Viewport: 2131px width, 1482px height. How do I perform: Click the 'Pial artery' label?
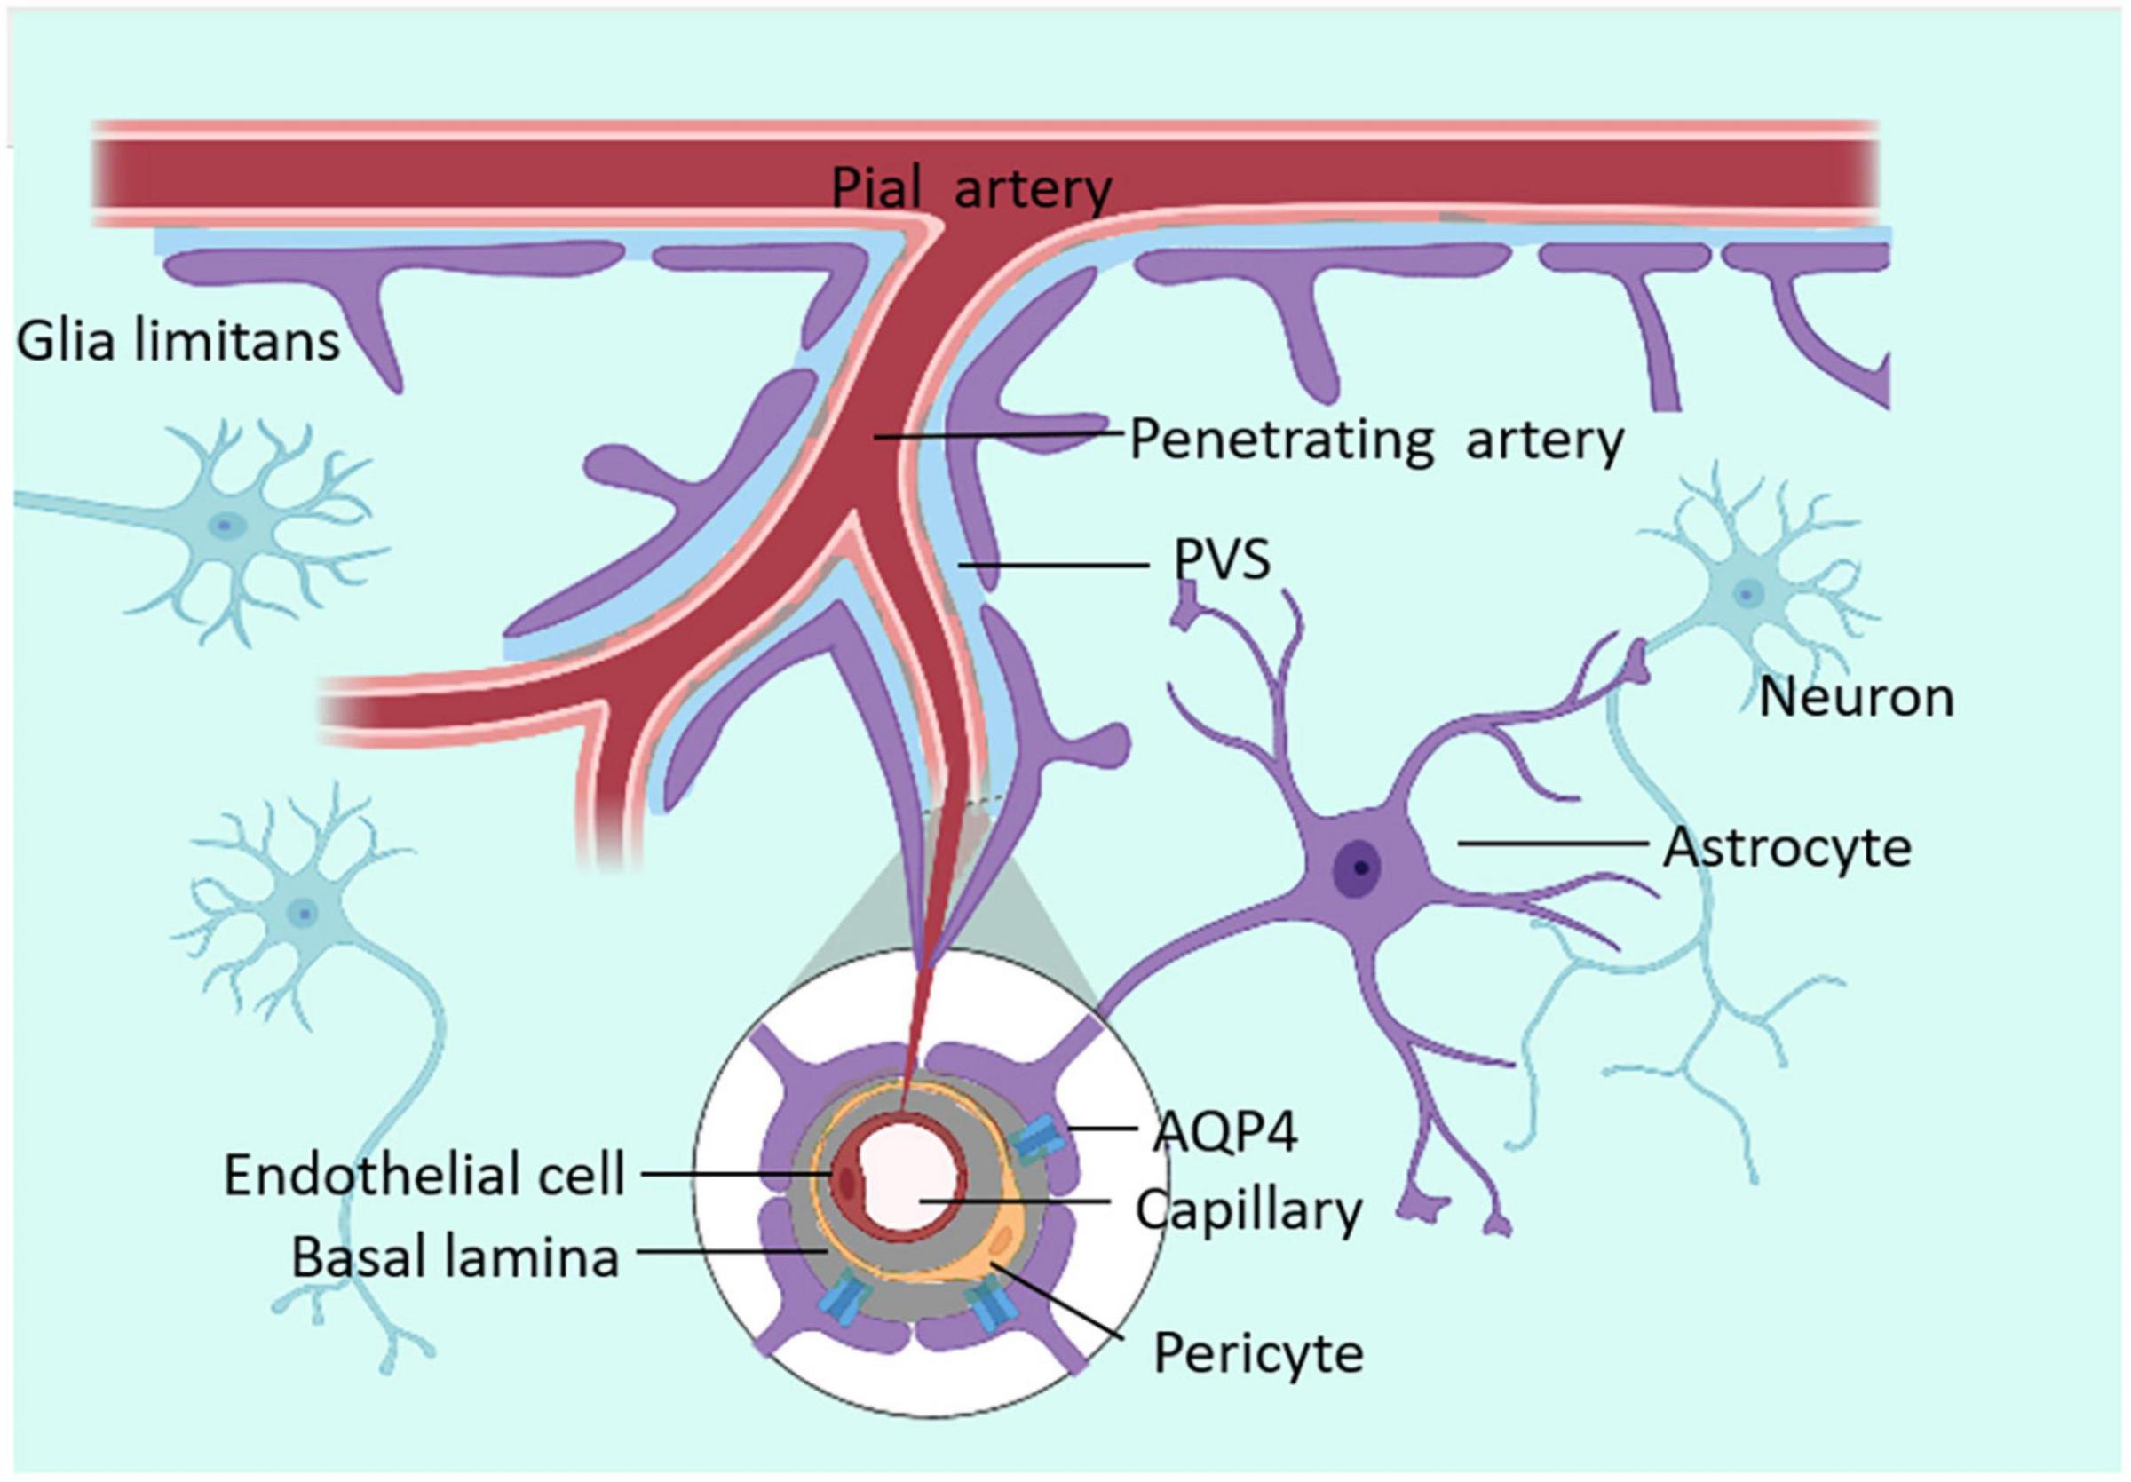click(x=970, y=189)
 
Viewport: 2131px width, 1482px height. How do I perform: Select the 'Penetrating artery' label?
click(x=1376, y=440)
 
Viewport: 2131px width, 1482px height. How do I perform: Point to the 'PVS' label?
click(x=1222, y=559)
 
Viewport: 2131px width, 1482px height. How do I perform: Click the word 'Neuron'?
click(x=1857, y=697)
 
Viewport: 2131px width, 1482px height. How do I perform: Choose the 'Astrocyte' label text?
click(x=1786, y=847)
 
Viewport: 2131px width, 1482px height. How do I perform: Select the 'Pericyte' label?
click(x=1258, y=1352)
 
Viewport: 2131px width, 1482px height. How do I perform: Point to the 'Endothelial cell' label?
click(x=424, y=1175)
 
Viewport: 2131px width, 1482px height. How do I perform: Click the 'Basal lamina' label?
click(x=455, y=1258)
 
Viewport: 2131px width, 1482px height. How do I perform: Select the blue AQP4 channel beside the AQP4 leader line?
click(x=1033, y=1141)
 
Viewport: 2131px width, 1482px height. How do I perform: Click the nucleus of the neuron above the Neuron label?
click(x=1748, y=592)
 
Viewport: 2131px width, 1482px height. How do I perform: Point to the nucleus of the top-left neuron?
click(x=223, y=527)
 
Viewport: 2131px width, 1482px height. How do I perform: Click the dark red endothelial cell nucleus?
click(x=846, y=1178)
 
